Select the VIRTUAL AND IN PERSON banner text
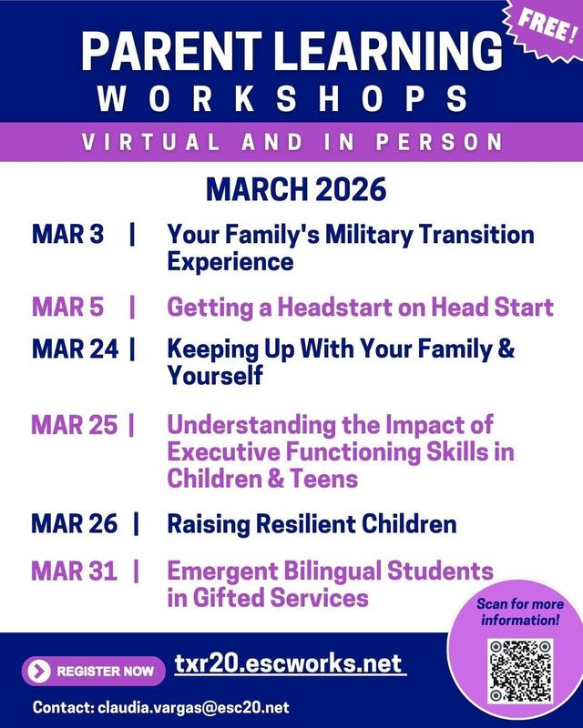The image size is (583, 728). [291, 142]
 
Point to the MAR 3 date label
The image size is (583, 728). [68, 234]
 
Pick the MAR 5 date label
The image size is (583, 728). [68, 307]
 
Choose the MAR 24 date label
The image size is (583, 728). [74, 349]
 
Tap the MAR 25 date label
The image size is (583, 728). [74, 425]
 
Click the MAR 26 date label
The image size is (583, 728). [74, 524]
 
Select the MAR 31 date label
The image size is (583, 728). [74, 571]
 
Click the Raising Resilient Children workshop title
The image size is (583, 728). [311, 524]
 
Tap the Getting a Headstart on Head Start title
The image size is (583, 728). [360, 307]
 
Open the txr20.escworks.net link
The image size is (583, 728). [289, 663]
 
